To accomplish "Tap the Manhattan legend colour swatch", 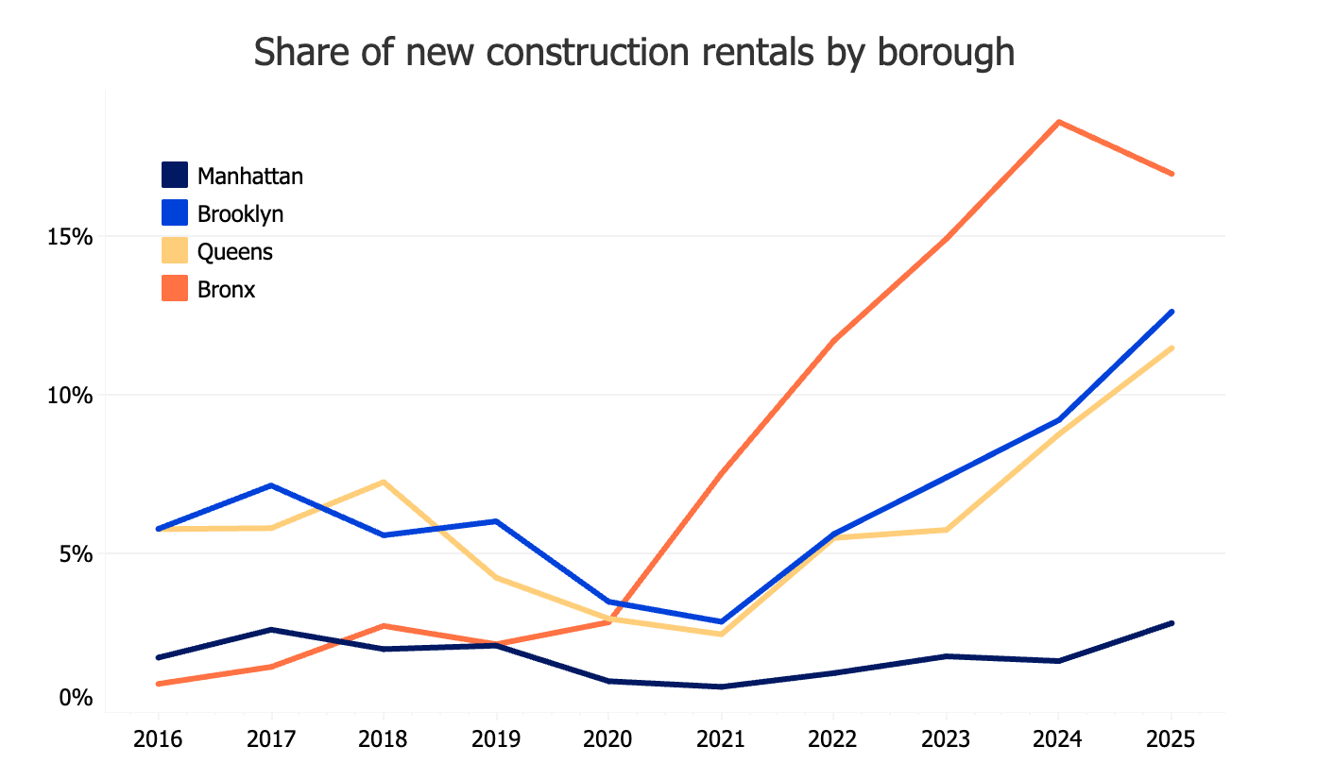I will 175,176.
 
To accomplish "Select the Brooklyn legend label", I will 240,213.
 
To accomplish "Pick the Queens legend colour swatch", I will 175,252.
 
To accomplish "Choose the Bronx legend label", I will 227,290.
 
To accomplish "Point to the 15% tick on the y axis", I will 70,236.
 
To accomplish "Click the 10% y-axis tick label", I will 70,395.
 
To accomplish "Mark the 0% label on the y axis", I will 76,699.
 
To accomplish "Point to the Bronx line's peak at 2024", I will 1059,122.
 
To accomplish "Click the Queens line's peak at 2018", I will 384,482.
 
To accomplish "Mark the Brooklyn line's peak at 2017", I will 271,485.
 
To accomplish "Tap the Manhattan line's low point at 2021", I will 722,687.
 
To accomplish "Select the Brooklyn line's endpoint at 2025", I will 1172,312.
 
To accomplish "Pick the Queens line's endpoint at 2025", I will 1172,348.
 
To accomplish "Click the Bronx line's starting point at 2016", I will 159,684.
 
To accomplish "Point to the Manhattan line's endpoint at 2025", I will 1172,623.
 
